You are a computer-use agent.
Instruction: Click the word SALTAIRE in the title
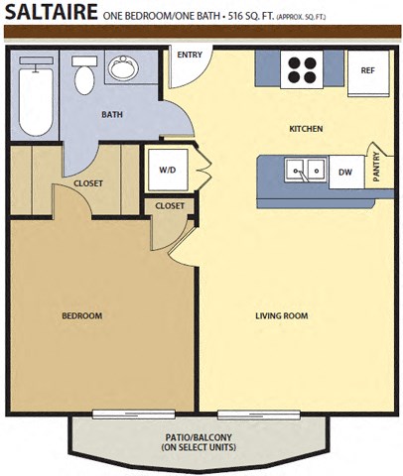coord(51,14)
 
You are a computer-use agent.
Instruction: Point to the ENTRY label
coord(190,55)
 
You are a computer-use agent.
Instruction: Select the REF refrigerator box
coord(367,70)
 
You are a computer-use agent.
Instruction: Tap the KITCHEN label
coord(306,129)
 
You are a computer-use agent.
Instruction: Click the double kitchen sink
coord(306,171)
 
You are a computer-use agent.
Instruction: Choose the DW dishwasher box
coord(345,172)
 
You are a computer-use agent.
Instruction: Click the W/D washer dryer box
coord(168,170)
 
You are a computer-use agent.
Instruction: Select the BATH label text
coord(112,114)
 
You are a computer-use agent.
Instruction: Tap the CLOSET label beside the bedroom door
coord(170,205)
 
